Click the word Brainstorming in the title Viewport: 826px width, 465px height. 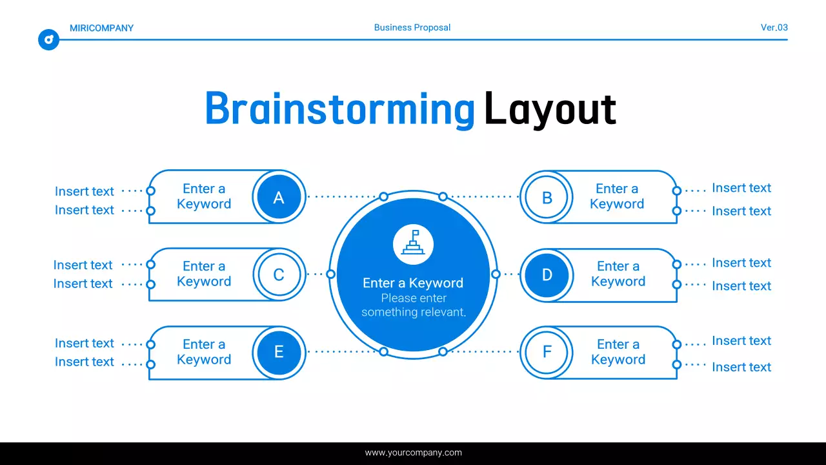(x=339, y=109)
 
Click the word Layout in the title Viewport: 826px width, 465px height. (x=550, y=109)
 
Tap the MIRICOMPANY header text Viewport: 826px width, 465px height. (x=101, y=28)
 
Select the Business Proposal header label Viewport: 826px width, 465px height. (x=412, y=28)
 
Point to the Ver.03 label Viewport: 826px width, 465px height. (x=774, y=28)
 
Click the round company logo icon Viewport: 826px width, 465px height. (x=48, y=40)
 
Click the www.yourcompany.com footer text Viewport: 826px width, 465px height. (x=413, y=453)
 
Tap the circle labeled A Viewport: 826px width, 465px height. (x=279, y=198)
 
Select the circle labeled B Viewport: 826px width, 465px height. (x=547, y=198)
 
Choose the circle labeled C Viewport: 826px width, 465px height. (x=279, y=275)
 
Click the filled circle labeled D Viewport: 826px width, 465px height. (x=547, y=275)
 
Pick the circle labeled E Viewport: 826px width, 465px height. (x=279, y=353)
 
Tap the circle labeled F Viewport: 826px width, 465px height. (x=547, y=353)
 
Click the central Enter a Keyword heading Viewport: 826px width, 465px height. (x=413, y=283)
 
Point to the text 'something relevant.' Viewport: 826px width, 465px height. (x=413, y=313)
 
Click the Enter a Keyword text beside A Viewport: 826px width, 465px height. (x=204, y=196)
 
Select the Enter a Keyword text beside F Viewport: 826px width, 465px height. (x=618, y=352)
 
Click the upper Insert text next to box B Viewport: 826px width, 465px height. (x=741, y=188)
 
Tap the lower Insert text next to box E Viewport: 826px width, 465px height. (x=85, y=362)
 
